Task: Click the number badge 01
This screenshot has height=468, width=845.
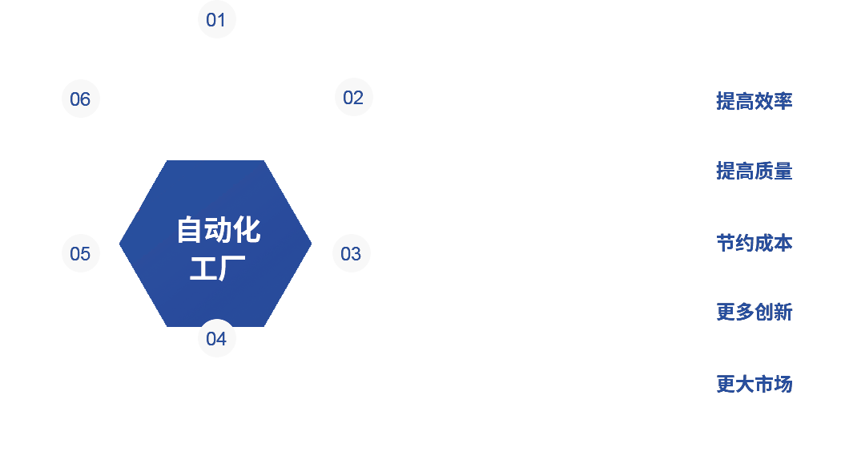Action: coord(216,20)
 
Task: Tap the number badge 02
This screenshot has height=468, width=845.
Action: coord(353,98)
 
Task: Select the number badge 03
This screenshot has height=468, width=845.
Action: coord(351,254)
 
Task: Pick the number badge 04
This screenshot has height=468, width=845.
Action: coord(216,338)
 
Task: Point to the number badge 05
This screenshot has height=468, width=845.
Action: coord(80,254)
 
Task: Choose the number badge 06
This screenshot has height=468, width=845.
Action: coord(80,99)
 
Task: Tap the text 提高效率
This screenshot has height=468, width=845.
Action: coord(754,102)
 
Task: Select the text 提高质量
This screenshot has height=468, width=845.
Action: coord(754,171)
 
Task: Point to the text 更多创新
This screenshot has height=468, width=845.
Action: coord(754,313)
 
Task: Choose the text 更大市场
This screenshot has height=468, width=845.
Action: coord(754,384)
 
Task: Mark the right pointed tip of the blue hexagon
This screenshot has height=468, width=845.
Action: coord(309,243)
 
